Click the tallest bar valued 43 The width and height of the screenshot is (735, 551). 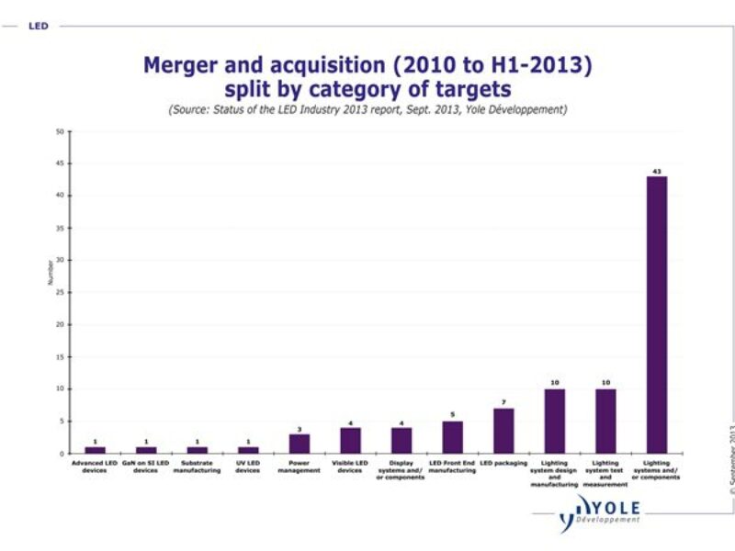tap(657, 314)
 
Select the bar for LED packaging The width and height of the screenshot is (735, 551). tap(503, 431)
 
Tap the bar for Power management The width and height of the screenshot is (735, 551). tap(300, 444)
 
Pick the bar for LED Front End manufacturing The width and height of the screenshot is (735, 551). tap(453, 437)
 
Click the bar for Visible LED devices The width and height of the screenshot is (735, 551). tap(350, 441)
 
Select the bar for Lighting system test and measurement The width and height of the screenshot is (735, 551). tap(605, 422)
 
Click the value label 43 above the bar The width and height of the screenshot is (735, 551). tap(657, 171)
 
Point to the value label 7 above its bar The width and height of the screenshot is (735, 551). tap(503, 402)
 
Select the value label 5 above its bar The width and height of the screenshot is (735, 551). tap(453, 415)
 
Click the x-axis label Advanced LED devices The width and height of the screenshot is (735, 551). tap(95, 467)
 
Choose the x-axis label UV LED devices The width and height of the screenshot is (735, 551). tap(248, 467)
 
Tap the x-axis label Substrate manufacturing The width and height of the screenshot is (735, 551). tap(198, 467)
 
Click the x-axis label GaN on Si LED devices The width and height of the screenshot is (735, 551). tap(146, 467)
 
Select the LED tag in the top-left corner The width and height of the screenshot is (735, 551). tap(38, 26)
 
